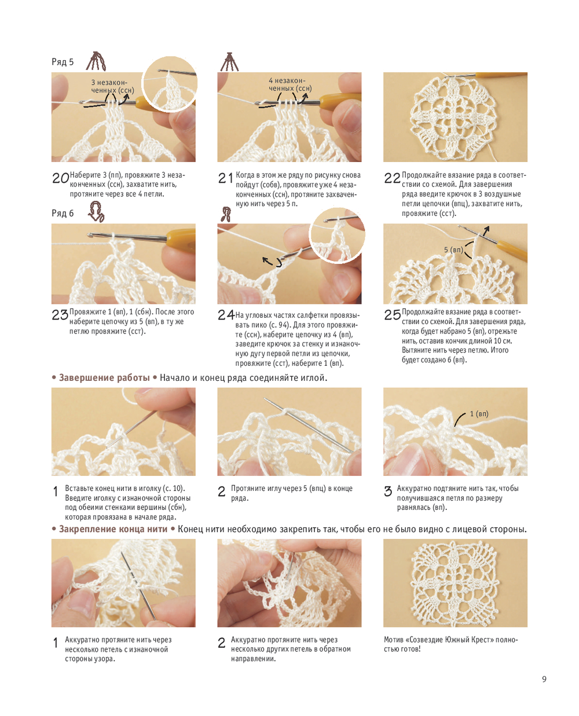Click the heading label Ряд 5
(x=62, y=61)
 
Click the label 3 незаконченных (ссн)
(x=112, y=86)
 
